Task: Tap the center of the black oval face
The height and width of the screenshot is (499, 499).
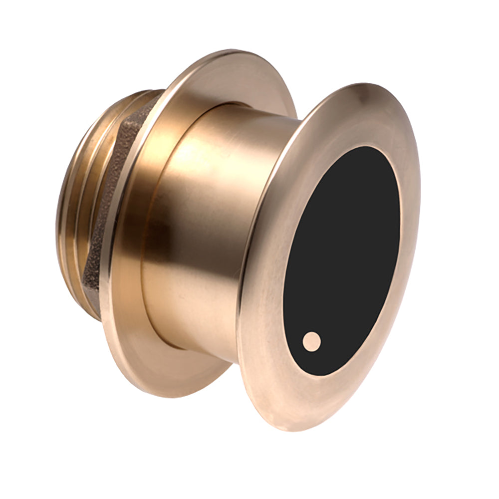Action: [342, 259]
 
